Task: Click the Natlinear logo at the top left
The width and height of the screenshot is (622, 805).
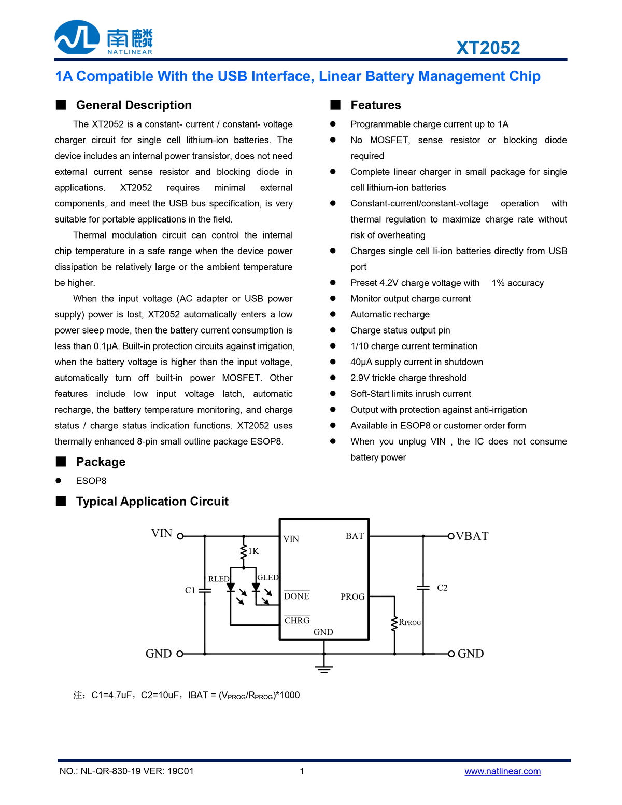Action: tap(104, 37)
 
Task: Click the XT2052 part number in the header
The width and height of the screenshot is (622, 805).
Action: tap(488, 48)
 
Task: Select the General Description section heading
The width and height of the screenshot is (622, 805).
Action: tap(134, 105)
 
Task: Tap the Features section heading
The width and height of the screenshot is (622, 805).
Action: tap(376, 105)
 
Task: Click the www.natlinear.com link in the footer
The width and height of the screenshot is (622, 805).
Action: tap(502, 771)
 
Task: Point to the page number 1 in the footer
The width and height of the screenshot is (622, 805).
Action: tap(302, 771)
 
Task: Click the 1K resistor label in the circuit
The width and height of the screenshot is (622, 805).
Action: tap(253, 551)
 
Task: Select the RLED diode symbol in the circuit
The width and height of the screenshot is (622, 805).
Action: tap(231, 588)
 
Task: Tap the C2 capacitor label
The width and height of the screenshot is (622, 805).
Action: tap(442, 588)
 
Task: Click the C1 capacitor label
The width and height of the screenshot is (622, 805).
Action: tap(190, 590)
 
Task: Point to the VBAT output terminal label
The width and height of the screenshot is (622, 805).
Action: tap(472, 536)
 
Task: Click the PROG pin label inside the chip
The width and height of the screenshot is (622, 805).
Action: tap(352, 597)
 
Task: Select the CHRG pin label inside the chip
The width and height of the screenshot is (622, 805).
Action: tap(297, 621)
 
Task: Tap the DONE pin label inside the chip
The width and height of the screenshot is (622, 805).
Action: tap(296, 596)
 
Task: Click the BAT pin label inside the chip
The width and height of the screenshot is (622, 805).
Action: tap(355, 536)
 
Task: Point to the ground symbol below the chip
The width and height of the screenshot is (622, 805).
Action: tap(324, 668)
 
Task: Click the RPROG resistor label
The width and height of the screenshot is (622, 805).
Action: tap(410, 622)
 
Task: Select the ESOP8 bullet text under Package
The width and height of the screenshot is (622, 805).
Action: tap(91, 481)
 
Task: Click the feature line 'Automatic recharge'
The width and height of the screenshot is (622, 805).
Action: tap(390, 314)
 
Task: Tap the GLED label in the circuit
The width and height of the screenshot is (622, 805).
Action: tap(267, 577)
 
